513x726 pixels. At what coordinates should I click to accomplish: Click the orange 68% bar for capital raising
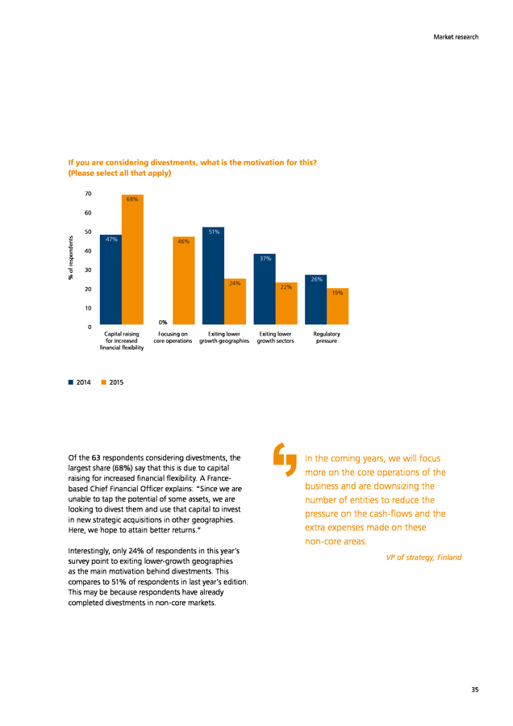click(x=132, y=259)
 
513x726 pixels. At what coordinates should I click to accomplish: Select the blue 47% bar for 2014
click(x=111, y=280)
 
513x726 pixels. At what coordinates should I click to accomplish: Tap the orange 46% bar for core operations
click(x=184, y=281)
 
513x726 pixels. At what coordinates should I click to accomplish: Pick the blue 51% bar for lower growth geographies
click(x=214, y=276)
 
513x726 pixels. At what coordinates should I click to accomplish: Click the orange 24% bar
click(x=236, y=302)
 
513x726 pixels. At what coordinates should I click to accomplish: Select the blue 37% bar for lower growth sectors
click(x=265, y=289)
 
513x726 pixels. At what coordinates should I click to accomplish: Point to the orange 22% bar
click(x=286, y=303)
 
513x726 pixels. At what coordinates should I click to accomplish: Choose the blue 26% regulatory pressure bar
click(x=315, y=299)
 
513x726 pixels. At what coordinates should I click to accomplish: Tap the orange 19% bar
click(x=337, y=306)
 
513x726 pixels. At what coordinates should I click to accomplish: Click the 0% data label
click(x=162, y=322)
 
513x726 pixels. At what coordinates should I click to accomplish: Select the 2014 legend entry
click(x=80, y=382)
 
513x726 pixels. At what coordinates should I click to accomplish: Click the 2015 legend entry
click(x=112, y=382)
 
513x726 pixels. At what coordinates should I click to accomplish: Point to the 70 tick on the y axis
click(x=88, y=194)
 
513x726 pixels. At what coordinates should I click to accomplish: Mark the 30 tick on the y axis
click(x=88, y=270)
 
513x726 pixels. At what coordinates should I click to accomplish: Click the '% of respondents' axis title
click(x=71, y=258)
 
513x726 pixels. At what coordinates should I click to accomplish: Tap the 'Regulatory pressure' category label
click(x=327, y=337)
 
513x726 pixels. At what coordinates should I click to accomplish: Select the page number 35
click(x=475, y=690)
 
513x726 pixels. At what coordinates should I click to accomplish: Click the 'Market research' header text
click(x=456, y=37)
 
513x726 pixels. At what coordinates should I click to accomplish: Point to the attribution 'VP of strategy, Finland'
click(x=423, y=557)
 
